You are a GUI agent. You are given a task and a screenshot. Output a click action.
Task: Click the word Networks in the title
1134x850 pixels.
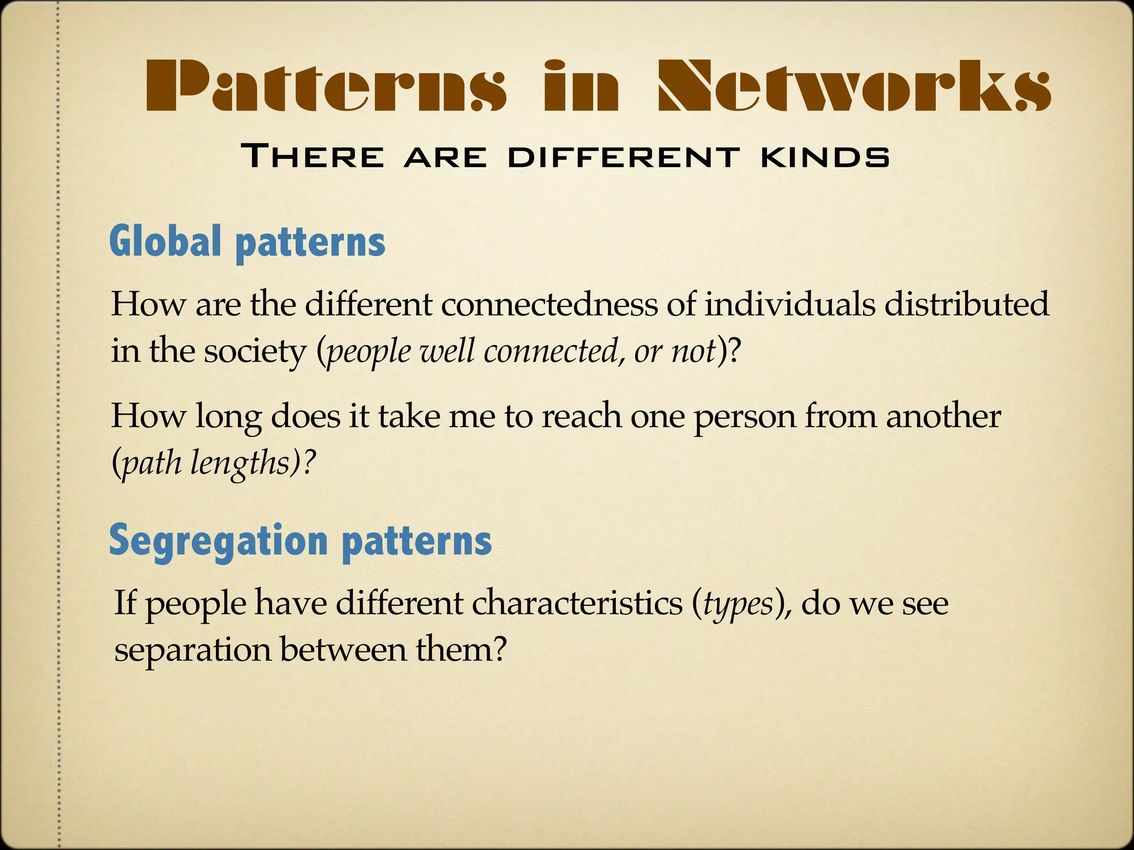click(853, 86)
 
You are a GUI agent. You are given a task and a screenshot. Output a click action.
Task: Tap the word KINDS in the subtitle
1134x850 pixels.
click(825, 157)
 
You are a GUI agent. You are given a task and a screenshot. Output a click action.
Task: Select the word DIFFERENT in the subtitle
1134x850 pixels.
click(623, 157)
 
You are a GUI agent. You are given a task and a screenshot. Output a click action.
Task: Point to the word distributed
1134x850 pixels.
click(966, 304)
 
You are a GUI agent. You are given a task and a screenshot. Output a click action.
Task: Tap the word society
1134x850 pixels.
click(255, 351)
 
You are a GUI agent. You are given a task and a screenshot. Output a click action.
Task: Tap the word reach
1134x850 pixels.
click(581, 416)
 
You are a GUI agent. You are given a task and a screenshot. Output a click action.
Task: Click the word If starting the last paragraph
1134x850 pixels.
click(125, 603)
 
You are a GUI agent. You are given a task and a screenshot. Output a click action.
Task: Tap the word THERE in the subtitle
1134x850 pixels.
click(313, 157)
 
